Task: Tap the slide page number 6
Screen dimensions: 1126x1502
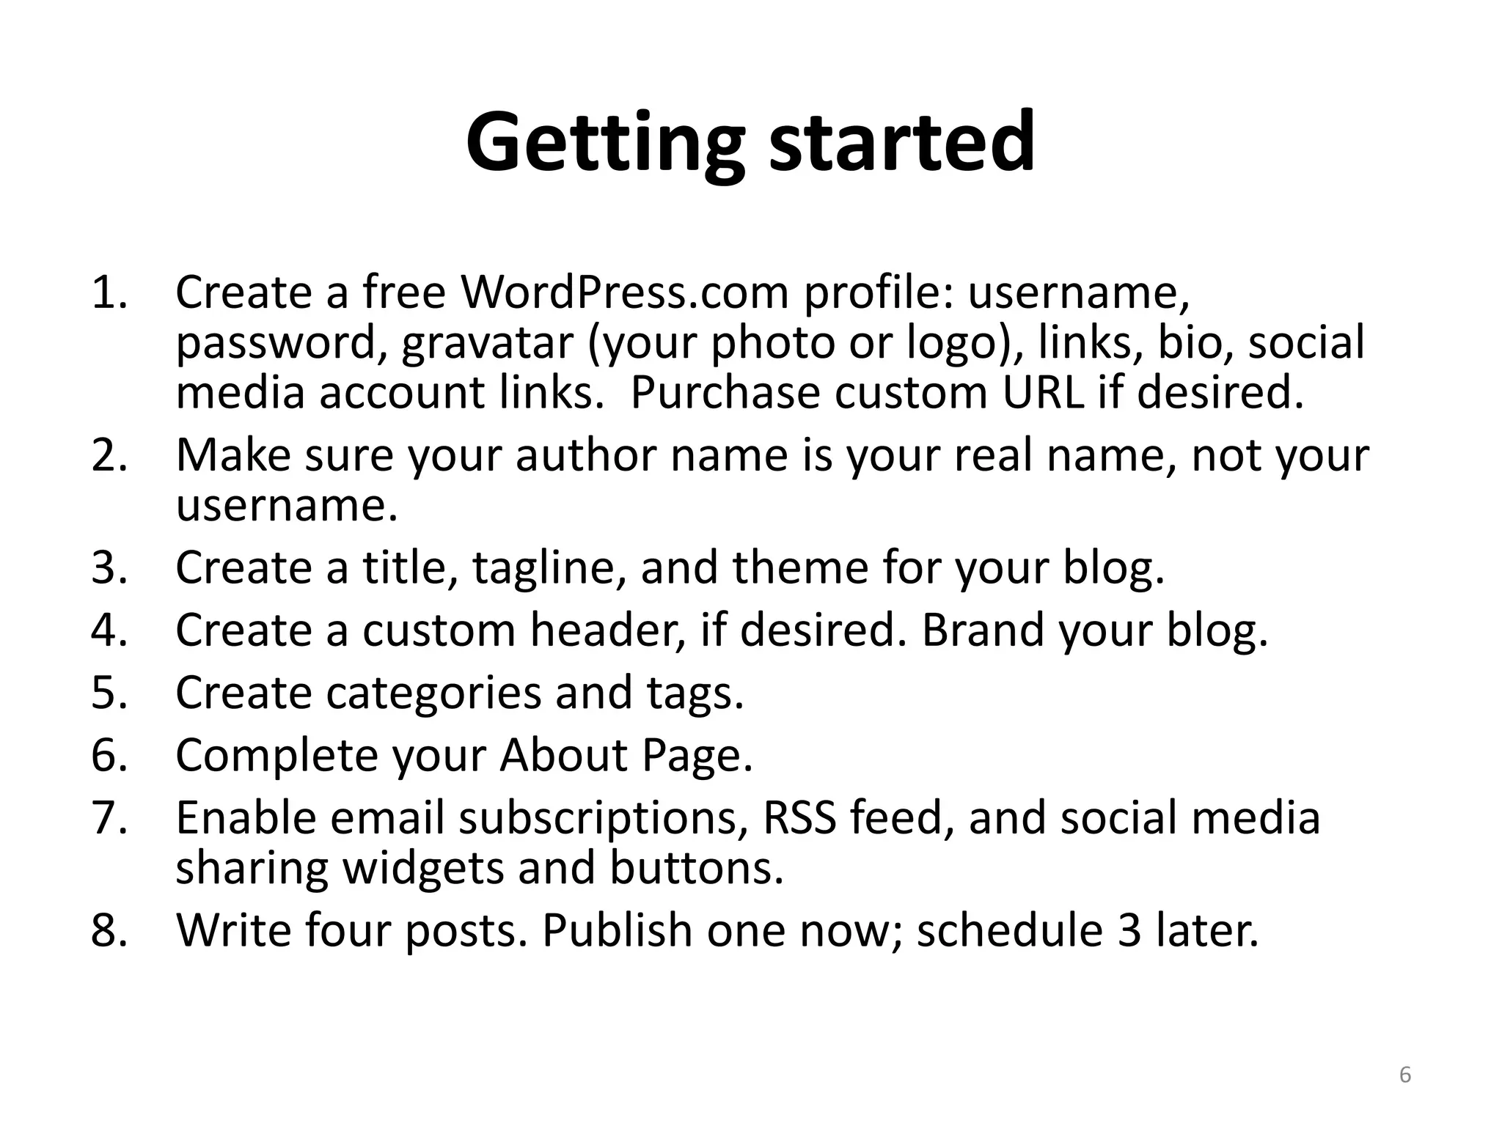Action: point(1405,1075)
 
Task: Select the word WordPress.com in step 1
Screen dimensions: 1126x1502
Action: point(624,292)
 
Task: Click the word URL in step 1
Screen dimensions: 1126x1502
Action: point(1042,393)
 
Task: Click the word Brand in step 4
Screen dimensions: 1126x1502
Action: point(982,630)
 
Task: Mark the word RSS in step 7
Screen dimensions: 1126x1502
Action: point(799,817)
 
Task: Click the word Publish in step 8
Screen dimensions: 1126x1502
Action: point(617,930)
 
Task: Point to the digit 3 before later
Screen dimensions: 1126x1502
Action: point(1130,930)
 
